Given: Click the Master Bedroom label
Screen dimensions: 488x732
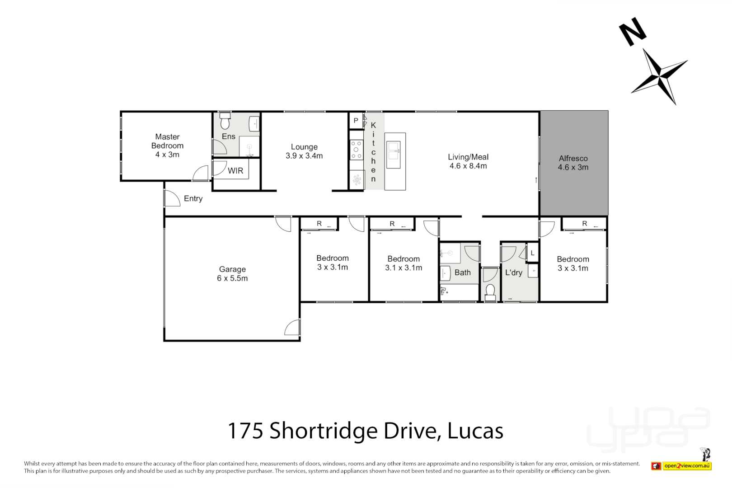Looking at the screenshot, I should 167,141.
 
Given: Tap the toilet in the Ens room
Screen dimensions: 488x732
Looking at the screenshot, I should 225,121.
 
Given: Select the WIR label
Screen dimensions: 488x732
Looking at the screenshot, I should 235,171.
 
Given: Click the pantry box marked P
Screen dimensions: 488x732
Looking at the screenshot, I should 356,121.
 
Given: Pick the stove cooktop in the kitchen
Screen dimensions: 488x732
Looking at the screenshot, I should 357,150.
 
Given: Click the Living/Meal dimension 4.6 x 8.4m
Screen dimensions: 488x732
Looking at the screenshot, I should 468,166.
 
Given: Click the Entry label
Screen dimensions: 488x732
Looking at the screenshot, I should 193,199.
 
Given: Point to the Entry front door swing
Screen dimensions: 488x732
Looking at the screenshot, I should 171,198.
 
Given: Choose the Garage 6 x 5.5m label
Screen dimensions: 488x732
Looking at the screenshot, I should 232,274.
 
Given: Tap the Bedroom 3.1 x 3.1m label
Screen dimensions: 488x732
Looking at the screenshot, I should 404,263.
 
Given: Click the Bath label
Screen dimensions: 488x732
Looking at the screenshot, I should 462,272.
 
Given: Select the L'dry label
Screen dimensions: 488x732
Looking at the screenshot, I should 514,272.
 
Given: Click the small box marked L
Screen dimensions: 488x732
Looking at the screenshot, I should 533,253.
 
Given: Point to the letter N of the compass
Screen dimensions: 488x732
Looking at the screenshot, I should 633,31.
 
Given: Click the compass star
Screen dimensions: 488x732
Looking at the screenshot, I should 659,76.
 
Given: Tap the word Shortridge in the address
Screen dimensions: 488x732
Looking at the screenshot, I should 323,431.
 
